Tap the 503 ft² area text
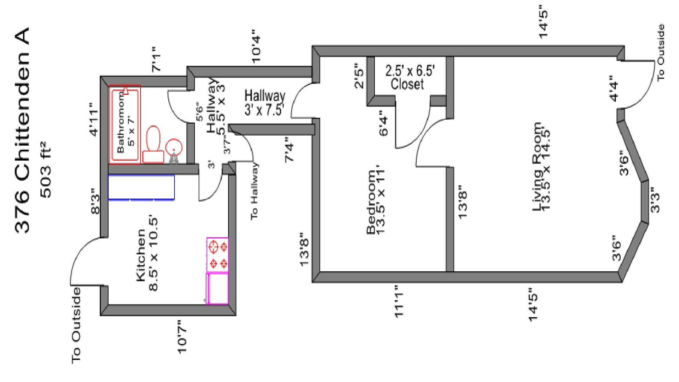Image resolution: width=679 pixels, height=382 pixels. coord(46,169)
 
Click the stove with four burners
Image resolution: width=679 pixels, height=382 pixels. coord(217,255)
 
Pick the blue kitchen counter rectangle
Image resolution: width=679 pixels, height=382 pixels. coord(141,187)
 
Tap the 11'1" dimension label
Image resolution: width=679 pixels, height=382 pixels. coord(399,301)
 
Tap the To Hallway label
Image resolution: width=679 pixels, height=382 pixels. coord(254,191)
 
